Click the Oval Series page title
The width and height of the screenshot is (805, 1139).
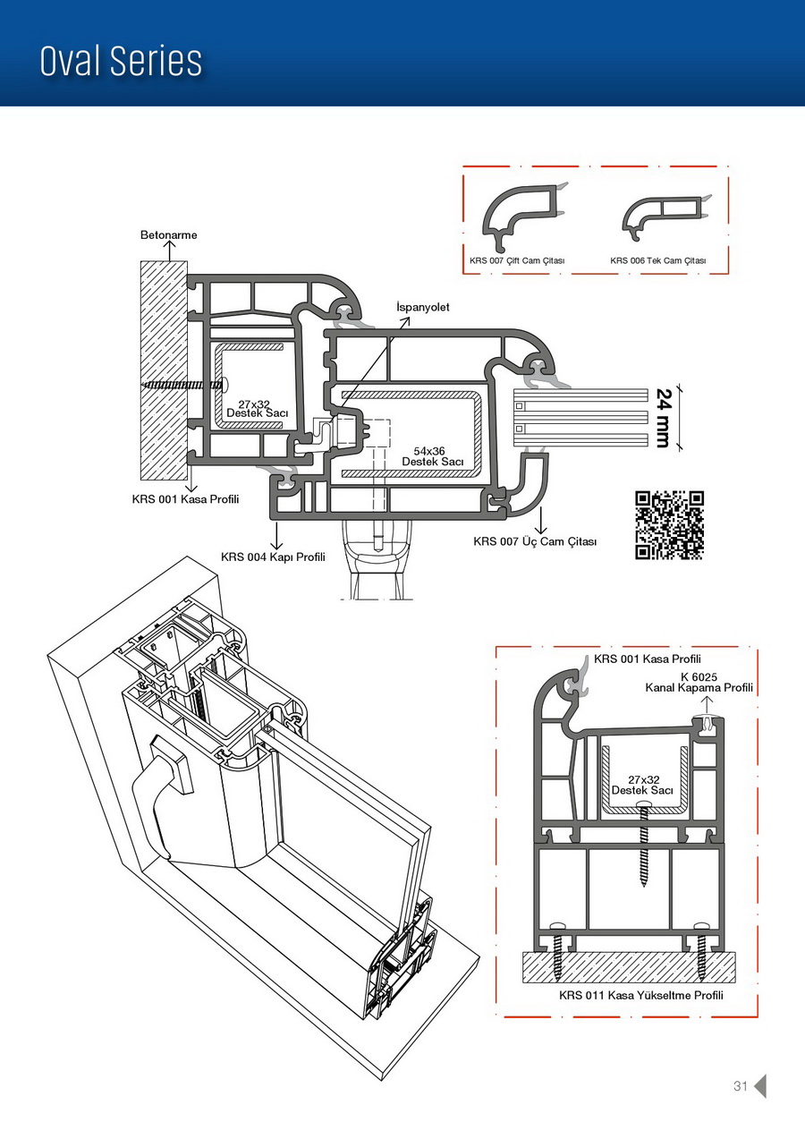(x=121, y=61)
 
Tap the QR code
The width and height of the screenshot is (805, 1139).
(x=669, y=525)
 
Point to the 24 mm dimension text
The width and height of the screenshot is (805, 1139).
(x=663, y=417)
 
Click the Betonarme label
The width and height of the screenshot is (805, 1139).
(x=168, y=235)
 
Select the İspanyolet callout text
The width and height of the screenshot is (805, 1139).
(x=423, y=307)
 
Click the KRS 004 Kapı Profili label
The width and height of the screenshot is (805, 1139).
(x=273, y=557)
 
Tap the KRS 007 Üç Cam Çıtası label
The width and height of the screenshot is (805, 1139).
(x=534, y=541)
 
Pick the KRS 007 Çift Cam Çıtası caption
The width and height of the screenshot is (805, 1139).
(x=517, y=260)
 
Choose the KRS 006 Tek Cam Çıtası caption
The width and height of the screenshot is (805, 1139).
(x=657, y=260)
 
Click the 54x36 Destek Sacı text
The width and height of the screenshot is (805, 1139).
(x=433, y=456)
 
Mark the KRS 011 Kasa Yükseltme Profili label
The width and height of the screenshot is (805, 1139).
(x=640, y=995)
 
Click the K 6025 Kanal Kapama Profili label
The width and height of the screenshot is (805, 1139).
(x=699, y=683)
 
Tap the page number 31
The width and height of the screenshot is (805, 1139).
(x=740, y=1086)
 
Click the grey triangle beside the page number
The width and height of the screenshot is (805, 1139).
(x=760, y=1085)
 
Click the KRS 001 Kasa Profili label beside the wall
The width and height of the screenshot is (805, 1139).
(x=185, y=498)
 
